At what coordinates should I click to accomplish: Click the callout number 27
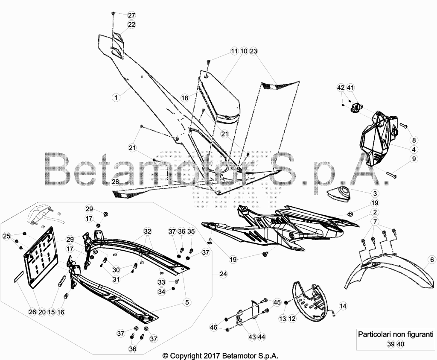tap(131, 15)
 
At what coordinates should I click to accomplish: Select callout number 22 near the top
tap(131, 24)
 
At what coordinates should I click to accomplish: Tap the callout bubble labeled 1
tap(116, 98)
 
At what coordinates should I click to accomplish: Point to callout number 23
tap(253, 51)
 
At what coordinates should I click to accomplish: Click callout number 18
tap(185, 98)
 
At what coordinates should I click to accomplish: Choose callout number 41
tap(350, 88)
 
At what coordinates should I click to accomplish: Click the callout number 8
tap(414, 140)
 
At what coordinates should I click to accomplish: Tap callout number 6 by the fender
tap(432, 260)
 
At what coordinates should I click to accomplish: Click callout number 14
tap(343, 306)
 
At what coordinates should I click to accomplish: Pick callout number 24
tap(223, 274)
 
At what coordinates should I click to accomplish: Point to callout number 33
tap(162, 282)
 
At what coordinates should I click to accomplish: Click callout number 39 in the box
tap(391, 344)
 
